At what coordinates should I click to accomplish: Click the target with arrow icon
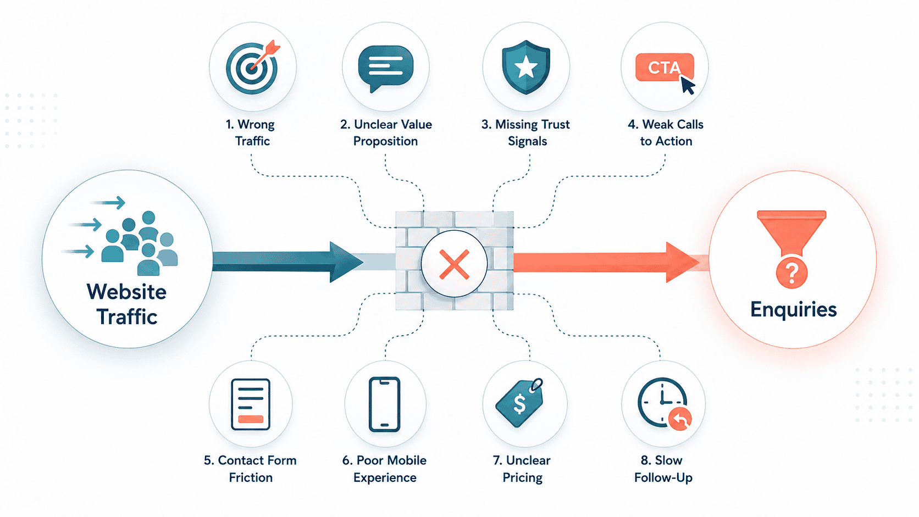pos(252,67)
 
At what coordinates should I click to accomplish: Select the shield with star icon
pos(526,67)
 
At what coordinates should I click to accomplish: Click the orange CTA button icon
pos(665,68)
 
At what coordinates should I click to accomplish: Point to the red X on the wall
pos(454,264)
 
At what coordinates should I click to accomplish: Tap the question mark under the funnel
pos(792,273)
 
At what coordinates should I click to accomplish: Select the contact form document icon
pos(251,404)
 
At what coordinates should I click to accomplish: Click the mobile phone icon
pos(384,404)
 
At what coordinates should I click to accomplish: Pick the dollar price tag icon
pos(519,402)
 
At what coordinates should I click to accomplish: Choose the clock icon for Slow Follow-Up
pos(664,403)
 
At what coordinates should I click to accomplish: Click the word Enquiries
pos(794,309)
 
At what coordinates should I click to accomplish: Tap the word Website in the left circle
pos(127,292)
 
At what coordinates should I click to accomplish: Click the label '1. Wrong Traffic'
pos(251,132)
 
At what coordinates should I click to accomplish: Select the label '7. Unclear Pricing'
pos(522,469)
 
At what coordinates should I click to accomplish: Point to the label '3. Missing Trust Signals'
pos(526,132)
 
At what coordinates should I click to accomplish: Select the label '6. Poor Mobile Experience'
pos(384,469)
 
